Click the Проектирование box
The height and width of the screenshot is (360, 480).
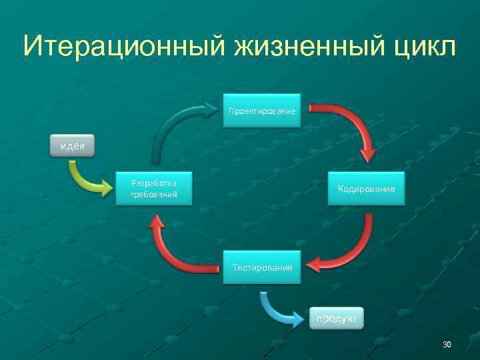[261, 110]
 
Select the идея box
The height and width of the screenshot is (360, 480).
[73, 145]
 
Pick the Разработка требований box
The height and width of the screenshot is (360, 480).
[154, 189]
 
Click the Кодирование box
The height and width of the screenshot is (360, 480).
[366, 189]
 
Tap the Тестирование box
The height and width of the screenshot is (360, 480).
[262, 267]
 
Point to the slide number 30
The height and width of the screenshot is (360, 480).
[447, 344]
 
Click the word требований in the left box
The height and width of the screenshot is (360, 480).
[154, 195]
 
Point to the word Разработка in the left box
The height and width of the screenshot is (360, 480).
[154, 183]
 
